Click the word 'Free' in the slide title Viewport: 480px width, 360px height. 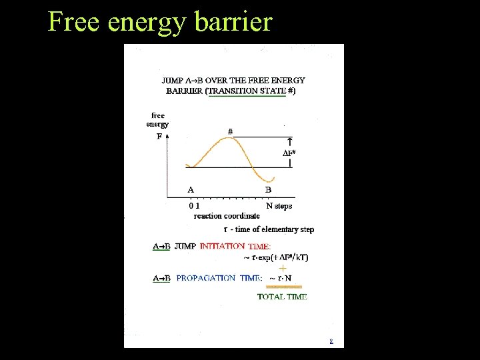click(x=73, y=22)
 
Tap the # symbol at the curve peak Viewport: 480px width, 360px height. click(x=230, y=131)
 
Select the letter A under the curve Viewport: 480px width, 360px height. click(x=191, y=189)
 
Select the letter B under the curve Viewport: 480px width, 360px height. click(x=268, y=189)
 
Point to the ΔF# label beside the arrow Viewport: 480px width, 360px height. click(x=289, y=153)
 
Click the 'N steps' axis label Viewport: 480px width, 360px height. click(x=279, y=206)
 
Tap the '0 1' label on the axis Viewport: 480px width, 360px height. click(x=194, y=206)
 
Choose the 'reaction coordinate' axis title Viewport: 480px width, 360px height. click(x=227, y=215)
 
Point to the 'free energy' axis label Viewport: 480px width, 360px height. click(x=157, y=119)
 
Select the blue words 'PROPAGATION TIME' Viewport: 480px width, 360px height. click(x=219, y=278)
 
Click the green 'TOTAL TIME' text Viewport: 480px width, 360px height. click(x=282, y=297)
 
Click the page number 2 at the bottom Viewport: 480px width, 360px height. click(x=331, y=342)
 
